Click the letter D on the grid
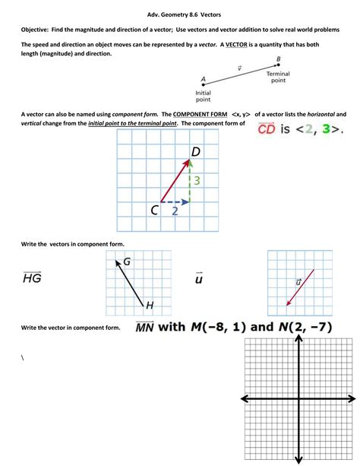pyautogui.click(x=195, y=152)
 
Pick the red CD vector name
pyautogui.click(x=266, y=128)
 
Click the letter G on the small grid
pyautogui.click(x=127, y=262)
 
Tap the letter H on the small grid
pyautogui.click(x=150, y=306)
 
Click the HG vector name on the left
pyautogui.click(x=32, y=278)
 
